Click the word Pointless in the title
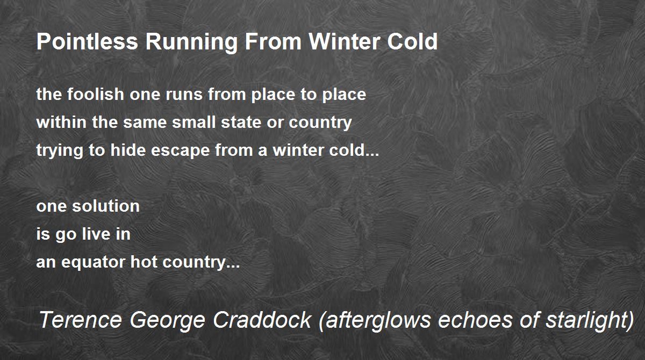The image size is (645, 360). (x=87, y=41)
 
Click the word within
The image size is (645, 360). (x=61, y=122)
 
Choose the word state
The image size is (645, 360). (x=241, y=123)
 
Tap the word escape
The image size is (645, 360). (x=180, y=152)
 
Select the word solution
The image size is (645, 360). (x=106, y=206)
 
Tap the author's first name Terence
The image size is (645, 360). (x=80, y=320)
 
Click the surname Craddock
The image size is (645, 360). (x=262, y=320)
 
